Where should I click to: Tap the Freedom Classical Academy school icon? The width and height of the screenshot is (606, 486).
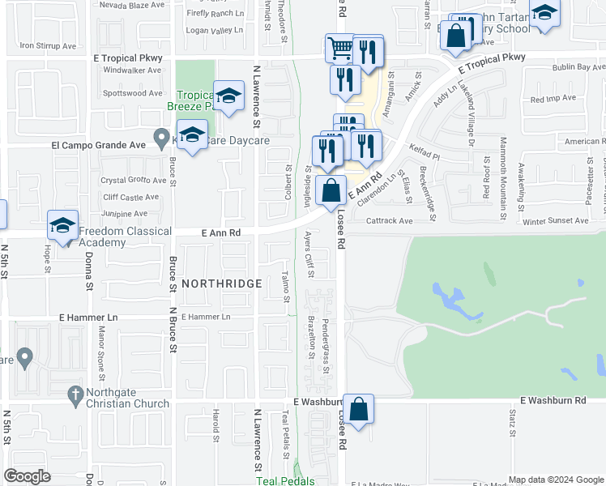click(x=62, y=227)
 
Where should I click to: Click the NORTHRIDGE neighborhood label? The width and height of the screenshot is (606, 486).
click(x=221, y=283)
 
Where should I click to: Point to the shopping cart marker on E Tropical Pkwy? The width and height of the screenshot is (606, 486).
click(x=340, y=47)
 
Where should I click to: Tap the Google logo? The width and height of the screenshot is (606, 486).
click(x=28, y=475)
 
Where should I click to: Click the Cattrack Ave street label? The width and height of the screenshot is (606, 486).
click(x=389, y=220)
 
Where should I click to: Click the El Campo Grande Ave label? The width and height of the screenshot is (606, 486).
click(x=97, y=146)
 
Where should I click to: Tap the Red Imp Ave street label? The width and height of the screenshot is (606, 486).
click(x=553, y=99)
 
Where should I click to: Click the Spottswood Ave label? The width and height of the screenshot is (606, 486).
click(x=133, y=93)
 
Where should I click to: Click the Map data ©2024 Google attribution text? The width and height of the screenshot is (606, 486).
click(x=556, y=480)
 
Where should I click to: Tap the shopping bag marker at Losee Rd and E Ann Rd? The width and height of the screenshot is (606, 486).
click(x=331, y=192)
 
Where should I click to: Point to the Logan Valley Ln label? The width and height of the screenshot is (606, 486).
click(x=214, y=30)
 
